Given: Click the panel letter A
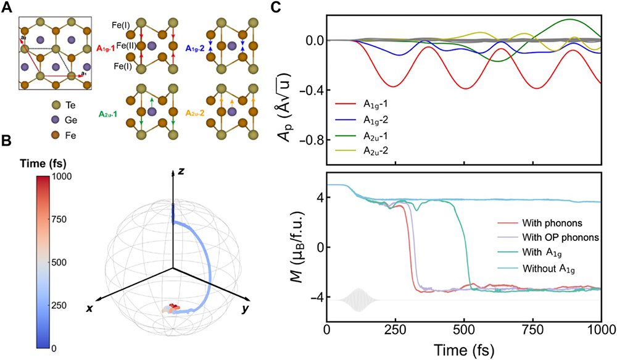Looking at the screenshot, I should click(7, 7).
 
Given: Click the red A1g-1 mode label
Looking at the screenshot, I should click(110, 47).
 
